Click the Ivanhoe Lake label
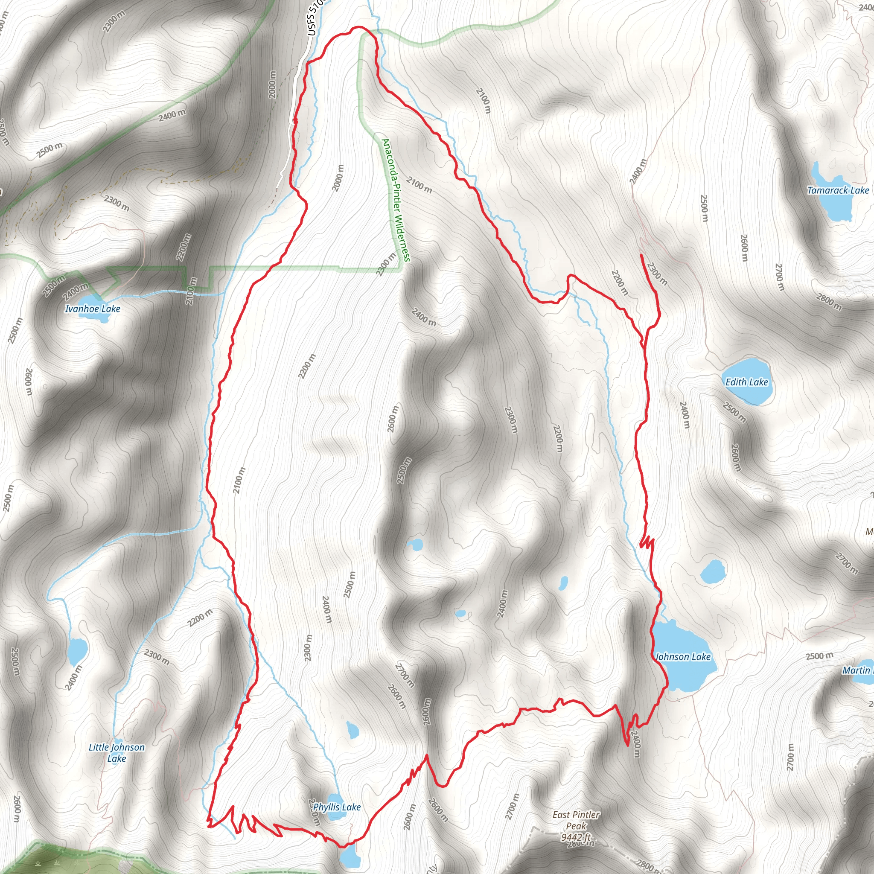[93, 309]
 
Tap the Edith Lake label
[746, 382]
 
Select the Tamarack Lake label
[838, 190]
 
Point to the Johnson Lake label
[683, 657]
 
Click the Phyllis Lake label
[337, 807]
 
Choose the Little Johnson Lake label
[117, 753]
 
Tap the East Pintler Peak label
[576, 820]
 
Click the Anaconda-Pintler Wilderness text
[396, 199]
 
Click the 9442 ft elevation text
[575, 837]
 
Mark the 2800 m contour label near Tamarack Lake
[829, 302]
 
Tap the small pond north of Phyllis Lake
[353, 730]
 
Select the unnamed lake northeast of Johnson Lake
[713, 571]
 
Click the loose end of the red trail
[642, 256]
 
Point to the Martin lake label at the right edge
[857, 670]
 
